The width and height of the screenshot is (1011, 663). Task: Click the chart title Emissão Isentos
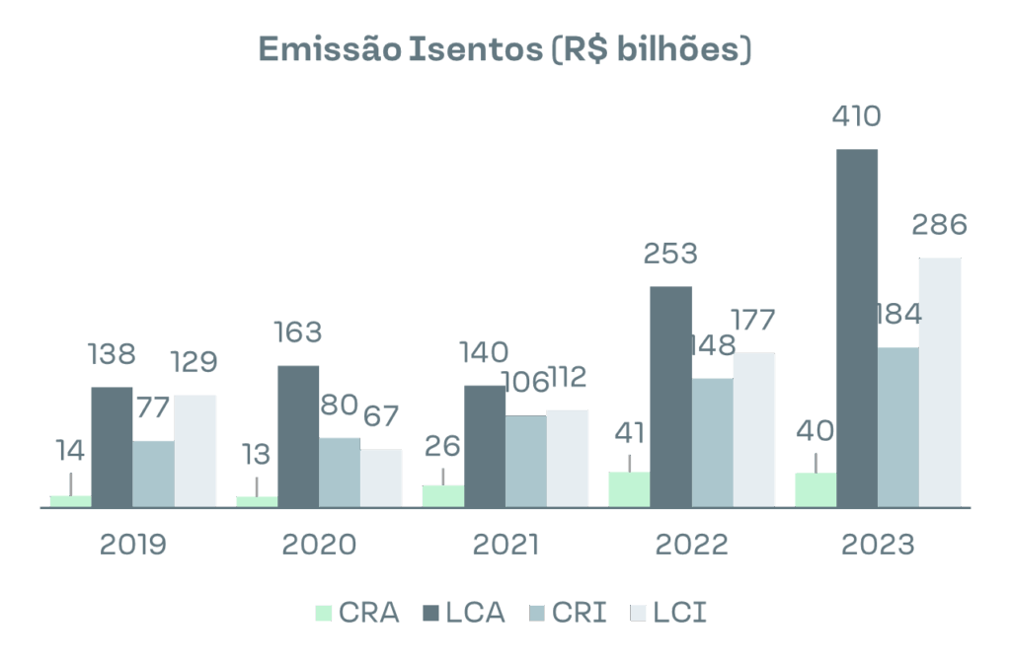[505, 49]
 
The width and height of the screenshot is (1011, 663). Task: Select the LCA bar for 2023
[857, 329]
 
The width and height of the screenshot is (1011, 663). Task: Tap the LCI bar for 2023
[940, 383]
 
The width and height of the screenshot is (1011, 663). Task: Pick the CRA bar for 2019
[70, 501]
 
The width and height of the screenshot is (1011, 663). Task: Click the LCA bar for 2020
[298, 436]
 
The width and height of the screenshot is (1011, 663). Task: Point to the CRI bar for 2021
[525, 462]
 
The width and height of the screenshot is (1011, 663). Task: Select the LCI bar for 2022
[754, 430]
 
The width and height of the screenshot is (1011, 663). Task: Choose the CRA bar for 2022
[629, 489]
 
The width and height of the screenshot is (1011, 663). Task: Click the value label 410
[856, 116]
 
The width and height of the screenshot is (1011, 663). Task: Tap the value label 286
[939, 225]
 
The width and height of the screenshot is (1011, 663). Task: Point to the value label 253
[670, 254]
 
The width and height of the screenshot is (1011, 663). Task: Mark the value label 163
[297, 332]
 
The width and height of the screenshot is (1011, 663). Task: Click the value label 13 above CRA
[256, 455]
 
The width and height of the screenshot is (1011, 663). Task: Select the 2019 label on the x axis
[133, 544]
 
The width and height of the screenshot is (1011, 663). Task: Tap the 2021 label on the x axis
[505, 544]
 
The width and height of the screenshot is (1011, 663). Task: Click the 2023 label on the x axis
[878, 544]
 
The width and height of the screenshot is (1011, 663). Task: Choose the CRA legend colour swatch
[324, 613]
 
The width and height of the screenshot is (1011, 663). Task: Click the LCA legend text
[475, 613]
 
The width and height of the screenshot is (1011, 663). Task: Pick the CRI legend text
[580, 613]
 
